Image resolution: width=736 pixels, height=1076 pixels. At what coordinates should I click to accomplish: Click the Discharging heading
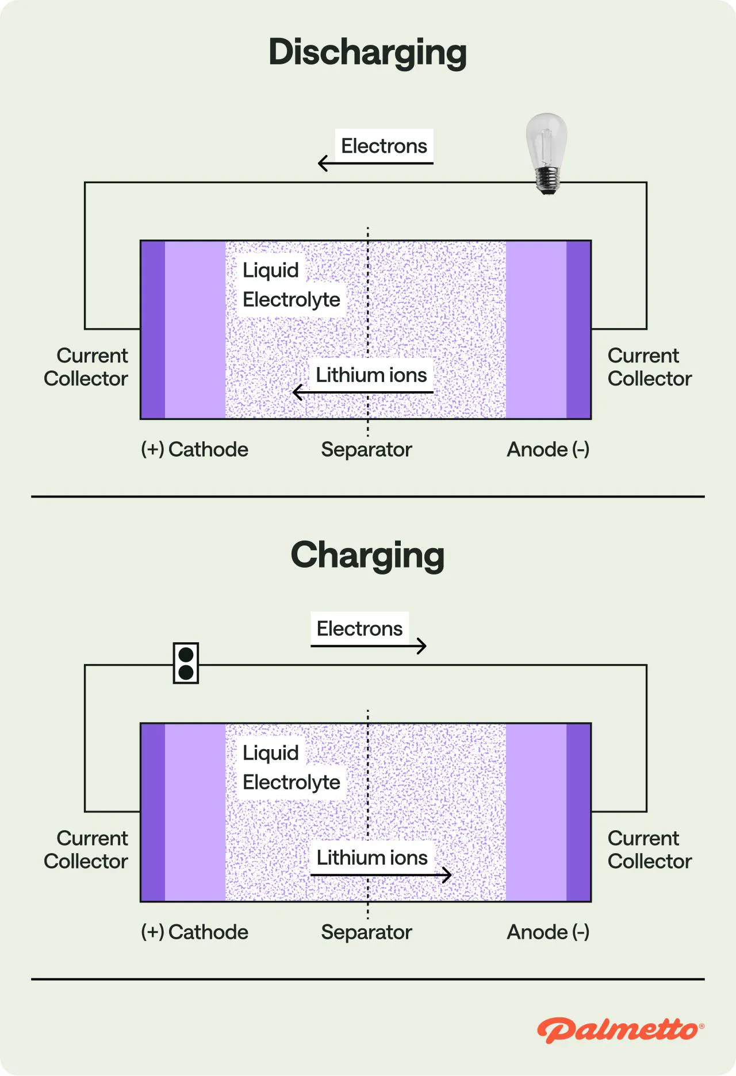(x=367, y=53)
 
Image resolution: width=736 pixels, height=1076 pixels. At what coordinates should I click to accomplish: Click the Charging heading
(x=367, y=556)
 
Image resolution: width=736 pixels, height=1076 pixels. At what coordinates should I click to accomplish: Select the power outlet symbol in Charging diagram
(x=186, y=663)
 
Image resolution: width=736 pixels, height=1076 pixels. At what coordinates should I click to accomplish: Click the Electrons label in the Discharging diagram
(x=384, y=146)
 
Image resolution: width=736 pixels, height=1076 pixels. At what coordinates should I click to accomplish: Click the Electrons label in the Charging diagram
(x=359, y=628)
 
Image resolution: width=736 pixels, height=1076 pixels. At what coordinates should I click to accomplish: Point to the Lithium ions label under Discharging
(x=371, y=375)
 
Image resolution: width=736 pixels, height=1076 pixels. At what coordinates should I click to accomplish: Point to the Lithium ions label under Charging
(x=372, y=858)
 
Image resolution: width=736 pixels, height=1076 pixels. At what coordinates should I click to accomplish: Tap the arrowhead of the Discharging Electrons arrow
(x=321, y=163)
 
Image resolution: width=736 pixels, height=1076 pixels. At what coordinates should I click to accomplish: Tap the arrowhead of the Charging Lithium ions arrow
(x=447, y=875)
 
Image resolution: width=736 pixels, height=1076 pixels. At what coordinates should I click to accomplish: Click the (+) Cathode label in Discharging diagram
(x=195, y=449)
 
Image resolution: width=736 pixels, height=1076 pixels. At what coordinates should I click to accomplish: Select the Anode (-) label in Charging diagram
(x=548, y=932)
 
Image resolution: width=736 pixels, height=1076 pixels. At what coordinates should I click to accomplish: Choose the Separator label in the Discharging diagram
(x=366, y=449)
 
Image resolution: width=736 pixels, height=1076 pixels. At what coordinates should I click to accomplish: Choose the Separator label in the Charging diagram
(x=366, y=932)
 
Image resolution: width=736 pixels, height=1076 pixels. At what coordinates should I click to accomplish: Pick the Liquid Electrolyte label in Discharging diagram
(x=291, y=285)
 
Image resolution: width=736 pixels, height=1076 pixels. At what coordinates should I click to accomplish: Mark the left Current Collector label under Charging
(x=86, y=850)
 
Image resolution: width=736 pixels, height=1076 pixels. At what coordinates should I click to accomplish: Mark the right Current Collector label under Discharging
(x=649, y=367)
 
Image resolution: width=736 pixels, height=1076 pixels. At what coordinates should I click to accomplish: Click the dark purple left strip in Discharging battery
(x=153, y=330)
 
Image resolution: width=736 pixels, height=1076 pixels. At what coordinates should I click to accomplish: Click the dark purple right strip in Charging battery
(x=578, y=812)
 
